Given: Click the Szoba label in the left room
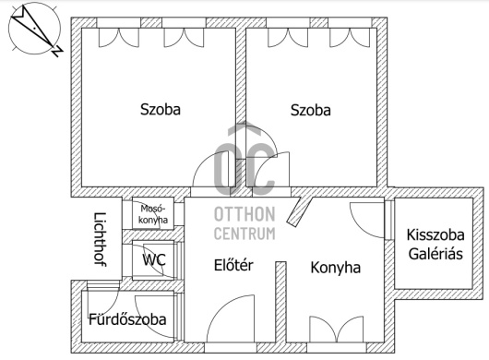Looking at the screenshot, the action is tap(161, 110).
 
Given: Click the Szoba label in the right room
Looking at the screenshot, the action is tap(311, 110).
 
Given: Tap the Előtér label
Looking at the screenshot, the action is tap(233, 265).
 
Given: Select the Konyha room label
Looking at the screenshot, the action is tap(336, 268).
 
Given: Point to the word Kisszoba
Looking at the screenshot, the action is tap(435, 234).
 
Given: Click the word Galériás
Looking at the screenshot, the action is tap(435, 254).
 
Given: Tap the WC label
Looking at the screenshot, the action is tap(154, 259).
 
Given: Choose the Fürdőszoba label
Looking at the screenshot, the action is tap(127, 319).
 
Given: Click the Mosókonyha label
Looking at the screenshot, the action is tap(153, 214).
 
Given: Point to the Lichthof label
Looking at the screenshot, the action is tap(101, 239).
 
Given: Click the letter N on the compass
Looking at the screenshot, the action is tap(57, 51).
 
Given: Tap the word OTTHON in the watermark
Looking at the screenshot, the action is tap(244, 214).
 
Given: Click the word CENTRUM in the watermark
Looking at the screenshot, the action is tap(244, 234).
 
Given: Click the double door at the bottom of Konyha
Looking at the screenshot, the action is tap(336, 330).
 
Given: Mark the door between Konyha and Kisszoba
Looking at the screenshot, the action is tap(367, 220).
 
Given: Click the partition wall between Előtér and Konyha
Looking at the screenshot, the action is tap(280, 302).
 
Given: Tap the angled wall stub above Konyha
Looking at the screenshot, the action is tap(299, 211).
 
